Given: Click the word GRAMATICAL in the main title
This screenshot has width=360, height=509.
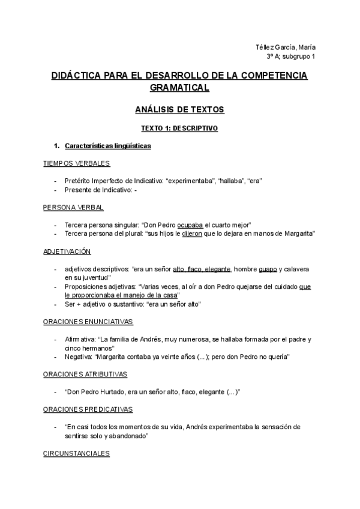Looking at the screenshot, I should tap(179, 88).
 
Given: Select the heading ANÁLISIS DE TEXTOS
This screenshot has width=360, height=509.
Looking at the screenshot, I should tap(179, 110).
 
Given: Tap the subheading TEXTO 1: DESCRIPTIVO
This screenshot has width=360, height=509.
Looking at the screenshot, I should tap(179, 128).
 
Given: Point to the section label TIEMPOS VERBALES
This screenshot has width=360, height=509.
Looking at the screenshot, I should tap(76, 163).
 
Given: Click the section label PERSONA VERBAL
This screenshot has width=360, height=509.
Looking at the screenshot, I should tap(73, 207).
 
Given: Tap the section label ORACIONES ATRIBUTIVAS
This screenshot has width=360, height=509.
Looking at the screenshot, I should tap(85, 374).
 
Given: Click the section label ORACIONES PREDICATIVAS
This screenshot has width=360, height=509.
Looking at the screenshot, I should tap(88, 409).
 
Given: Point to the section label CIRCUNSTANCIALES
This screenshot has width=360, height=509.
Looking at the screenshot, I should tap(76, 453).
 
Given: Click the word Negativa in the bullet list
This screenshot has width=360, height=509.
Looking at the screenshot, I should tap(78, 357).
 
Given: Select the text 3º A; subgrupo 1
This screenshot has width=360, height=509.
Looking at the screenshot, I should tap(291, 56).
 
